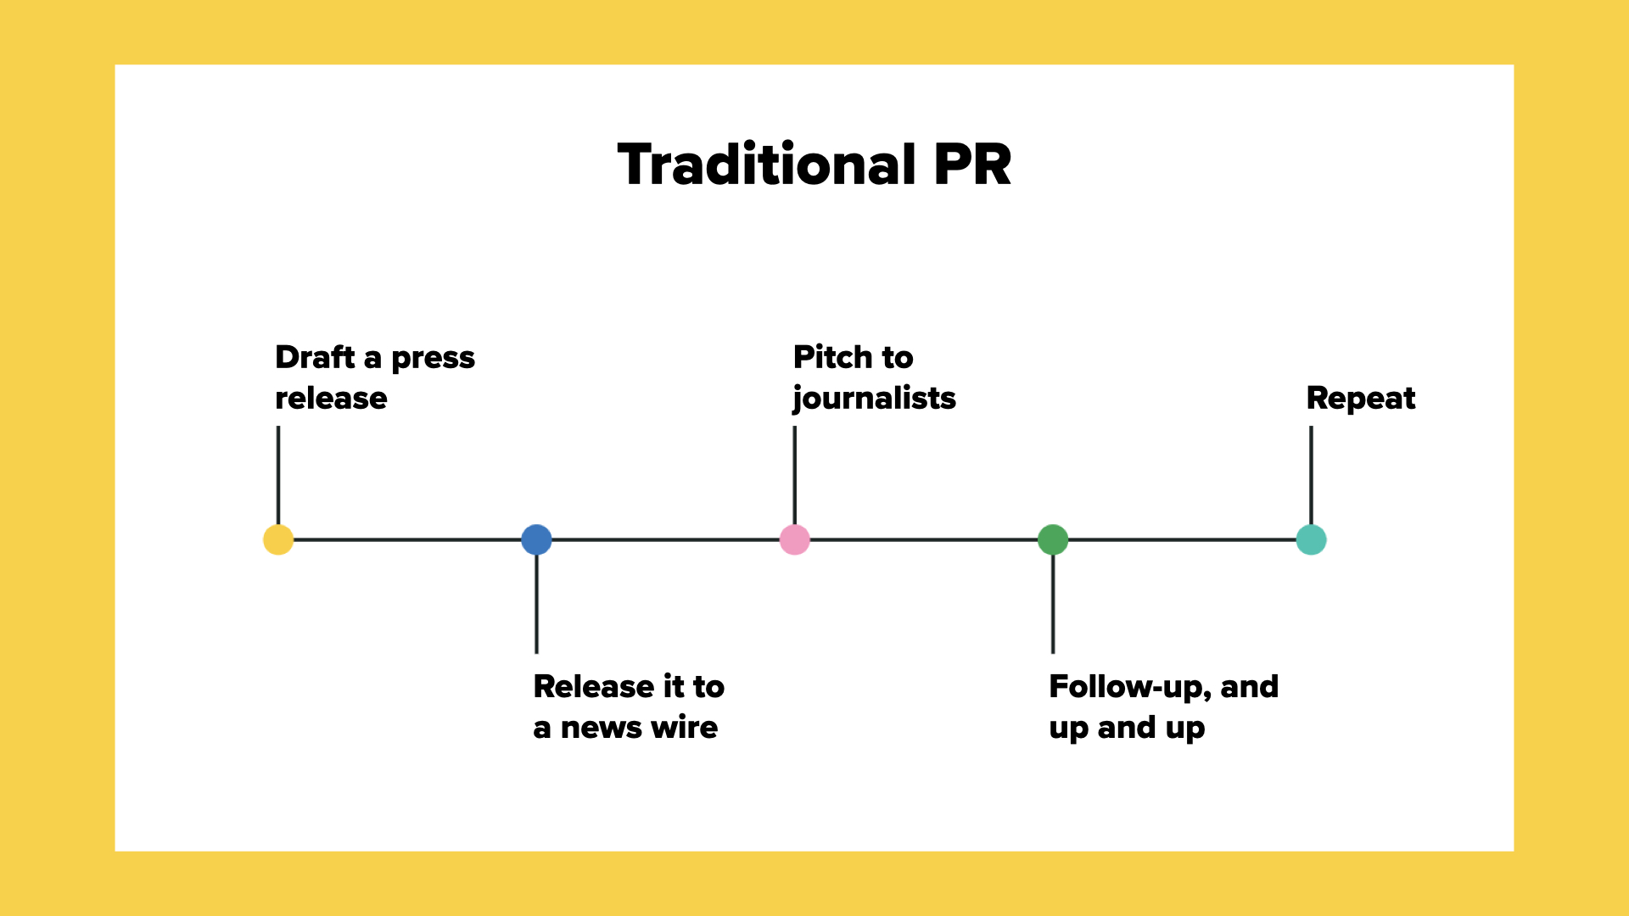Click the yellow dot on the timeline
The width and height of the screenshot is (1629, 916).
(278, 539)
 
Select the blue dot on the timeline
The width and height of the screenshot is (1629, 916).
(536, 539)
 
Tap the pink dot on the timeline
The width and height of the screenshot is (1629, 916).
(795, 539)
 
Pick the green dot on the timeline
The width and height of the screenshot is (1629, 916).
(1053, 539)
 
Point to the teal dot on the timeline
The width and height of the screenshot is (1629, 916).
(1312, 539)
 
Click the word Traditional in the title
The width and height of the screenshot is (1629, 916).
(767, 164)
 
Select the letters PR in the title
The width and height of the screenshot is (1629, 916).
(973, 165)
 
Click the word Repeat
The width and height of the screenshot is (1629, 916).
(1361, 399)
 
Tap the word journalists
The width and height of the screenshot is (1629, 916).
(874, 399)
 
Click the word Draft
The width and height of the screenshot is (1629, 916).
(315, 357)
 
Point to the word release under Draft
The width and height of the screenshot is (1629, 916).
(331, 399)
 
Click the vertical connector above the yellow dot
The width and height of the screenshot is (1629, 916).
(278, 476)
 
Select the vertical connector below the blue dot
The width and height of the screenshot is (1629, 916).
(536, 604)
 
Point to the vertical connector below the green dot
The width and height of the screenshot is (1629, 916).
(1053, 604)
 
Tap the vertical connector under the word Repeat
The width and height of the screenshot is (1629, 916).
(1312, 476)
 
